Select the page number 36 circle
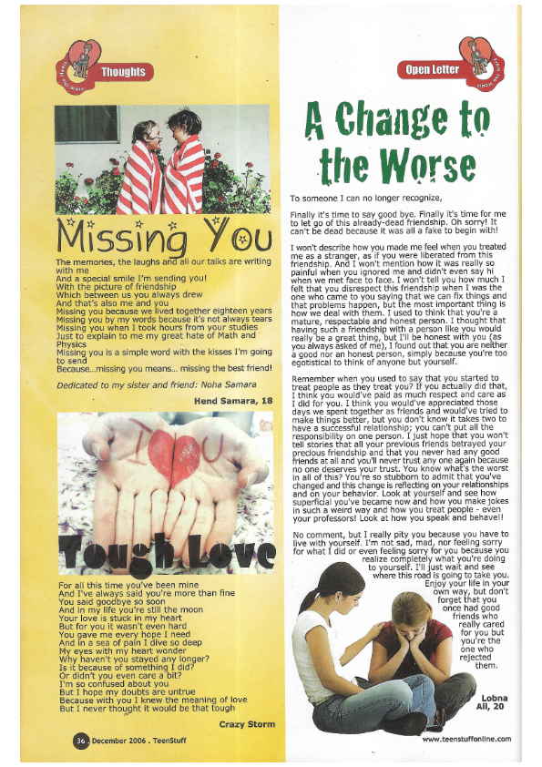pyautogui.click(x=81, y=740)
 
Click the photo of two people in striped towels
pyautogui.click(x=162, y=159)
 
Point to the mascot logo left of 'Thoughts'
pyautogui.click(x=77, y=65)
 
